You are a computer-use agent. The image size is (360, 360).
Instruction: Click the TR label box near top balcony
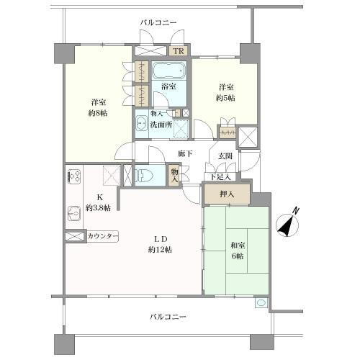click(x=178, y=51)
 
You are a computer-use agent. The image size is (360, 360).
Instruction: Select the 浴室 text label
click(x=170, y=87)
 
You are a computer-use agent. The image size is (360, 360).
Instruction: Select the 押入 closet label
click(x=226, y=193)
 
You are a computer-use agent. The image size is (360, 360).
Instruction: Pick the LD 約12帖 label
click(x=159, y=244)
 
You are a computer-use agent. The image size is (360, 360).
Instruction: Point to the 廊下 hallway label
click(x=185, y=153)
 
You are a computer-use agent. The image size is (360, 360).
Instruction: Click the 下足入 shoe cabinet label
click(x=220, y=176)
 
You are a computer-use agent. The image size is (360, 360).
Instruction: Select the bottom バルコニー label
click(x=168, y=317)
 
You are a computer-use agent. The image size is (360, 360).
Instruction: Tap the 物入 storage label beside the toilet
click(x=174, y=176)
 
